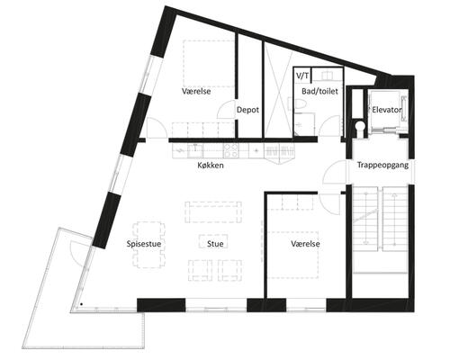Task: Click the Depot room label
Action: point(247,110)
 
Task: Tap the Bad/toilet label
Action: point(319,91)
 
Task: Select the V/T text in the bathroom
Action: point(302,76)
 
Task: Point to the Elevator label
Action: point(387,110)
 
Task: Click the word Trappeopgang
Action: point(382,165)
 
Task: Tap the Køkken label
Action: point(211,166)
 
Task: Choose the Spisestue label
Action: point(144,244)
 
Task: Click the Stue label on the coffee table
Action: point(215,244)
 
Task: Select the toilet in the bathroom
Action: point(300,104)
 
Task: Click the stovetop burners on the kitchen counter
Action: point(231,150)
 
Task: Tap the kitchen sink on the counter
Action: point(195,150)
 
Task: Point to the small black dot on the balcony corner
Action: point(81,304)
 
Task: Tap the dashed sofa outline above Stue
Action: point(213,211)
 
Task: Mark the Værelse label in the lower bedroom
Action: point(305,244)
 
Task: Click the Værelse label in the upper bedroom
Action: point(196,91)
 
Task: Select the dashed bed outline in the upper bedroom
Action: point(209,64)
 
